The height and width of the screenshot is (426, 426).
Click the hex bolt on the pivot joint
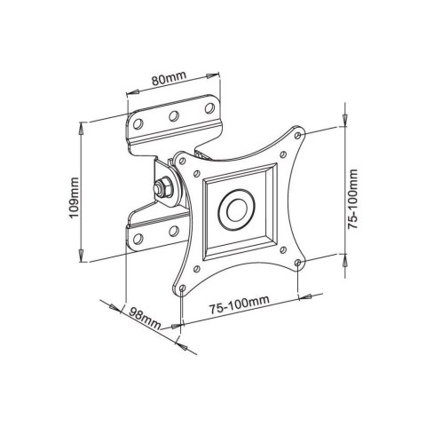(x=162, y=188)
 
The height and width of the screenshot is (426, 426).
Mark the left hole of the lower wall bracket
(x=139, y=239)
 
